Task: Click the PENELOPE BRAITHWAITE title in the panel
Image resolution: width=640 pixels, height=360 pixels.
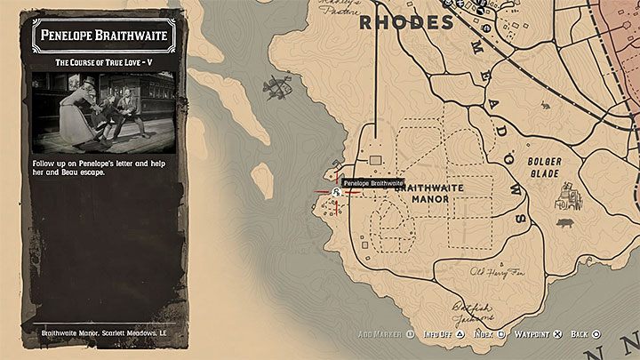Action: coord(104,38)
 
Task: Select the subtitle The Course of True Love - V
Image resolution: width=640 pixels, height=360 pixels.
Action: coord(104,62)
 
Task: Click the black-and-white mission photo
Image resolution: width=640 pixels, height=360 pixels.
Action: coord(104,110)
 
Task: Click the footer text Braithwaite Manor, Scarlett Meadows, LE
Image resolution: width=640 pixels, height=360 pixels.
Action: coord(104,334)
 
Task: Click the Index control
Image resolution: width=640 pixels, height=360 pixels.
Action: coord(490,334)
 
